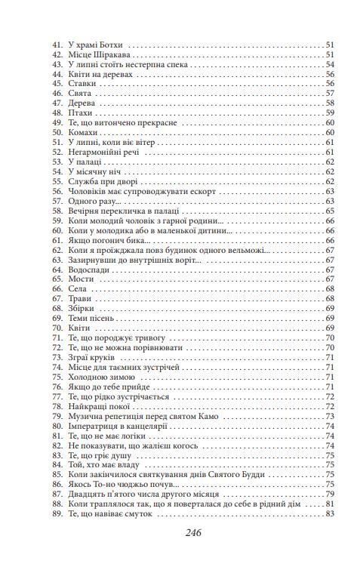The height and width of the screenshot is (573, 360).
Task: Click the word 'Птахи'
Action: [79, 112]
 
